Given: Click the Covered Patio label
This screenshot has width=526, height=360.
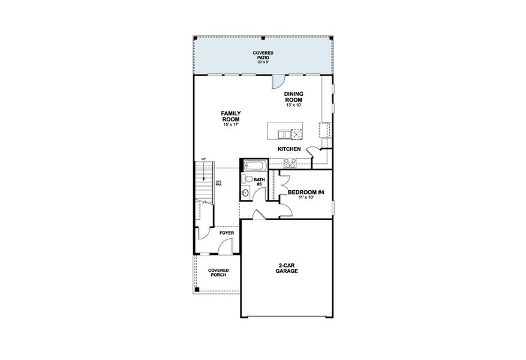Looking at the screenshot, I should pos(263,56).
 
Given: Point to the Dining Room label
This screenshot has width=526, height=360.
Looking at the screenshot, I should pos(294,96).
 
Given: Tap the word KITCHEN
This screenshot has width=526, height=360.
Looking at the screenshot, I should pos(288,148).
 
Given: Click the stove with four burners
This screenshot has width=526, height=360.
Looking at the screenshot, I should pos(289,161).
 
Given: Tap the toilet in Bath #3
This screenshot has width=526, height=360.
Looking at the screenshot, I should pos(247,179).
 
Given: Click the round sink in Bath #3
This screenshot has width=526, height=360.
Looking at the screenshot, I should pos(246,193).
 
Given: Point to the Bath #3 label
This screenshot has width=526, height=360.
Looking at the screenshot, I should pos(259,182).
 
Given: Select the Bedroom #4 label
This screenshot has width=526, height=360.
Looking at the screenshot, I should pos(306,192).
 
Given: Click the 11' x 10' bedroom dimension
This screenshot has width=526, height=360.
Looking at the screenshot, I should pos(306,197).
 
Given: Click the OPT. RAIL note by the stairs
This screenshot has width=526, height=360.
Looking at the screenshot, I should pos(218,183).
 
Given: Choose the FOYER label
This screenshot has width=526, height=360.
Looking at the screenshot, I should pos(226,232).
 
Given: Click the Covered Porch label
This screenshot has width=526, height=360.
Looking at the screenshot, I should pos(218,273).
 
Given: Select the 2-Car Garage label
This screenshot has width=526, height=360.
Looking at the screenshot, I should pos(287,268).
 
